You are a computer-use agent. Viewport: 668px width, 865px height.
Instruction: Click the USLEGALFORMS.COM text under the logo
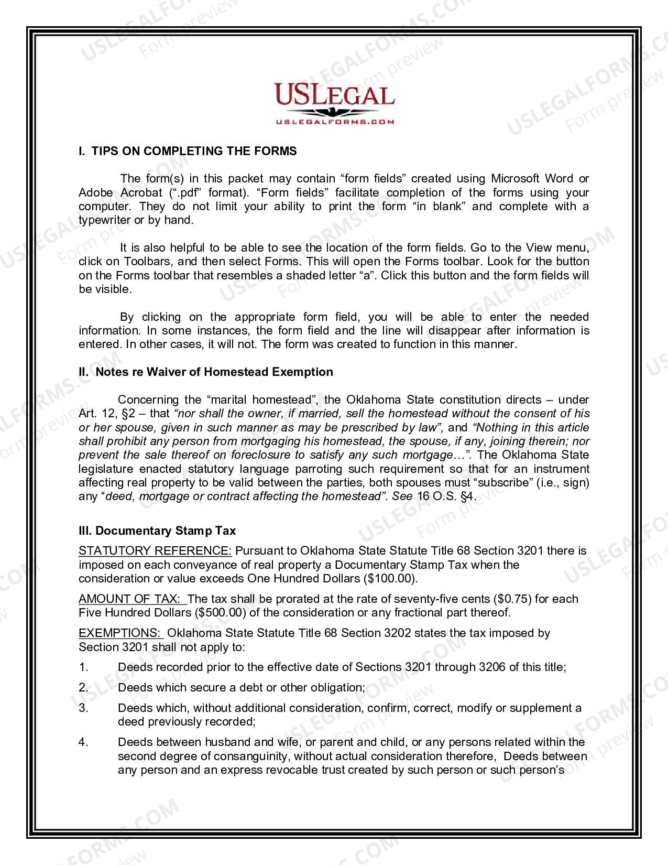coord(334,122)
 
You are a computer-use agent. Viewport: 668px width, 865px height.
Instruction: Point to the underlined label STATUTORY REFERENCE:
coord(155,550)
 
